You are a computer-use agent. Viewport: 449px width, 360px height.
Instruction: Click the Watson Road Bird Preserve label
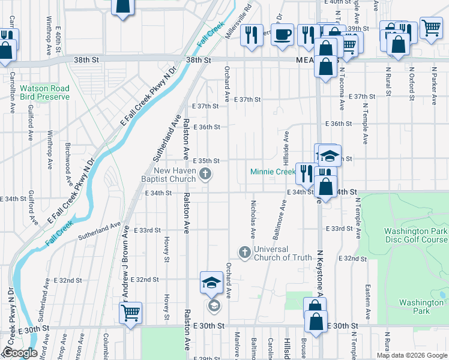pos(44,92)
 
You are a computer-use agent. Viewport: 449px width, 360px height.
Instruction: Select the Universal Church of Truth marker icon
pos(244,253)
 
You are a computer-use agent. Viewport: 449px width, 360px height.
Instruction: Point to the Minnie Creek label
pos(273,172)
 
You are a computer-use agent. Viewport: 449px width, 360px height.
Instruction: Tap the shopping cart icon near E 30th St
pos(130,312)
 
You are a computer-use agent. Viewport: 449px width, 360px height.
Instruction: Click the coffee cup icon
pos(282,34)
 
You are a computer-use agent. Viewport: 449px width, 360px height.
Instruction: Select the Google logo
pos(20,353)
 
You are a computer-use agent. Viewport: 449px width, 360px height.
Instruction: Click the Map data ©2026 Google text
pos(412,355)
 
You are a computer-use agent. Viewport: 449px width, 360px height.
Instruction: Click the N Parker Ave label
pos(434,82)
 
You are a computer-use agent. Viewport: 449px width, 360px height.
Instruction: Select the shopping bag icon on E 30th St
pos(316,320)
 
